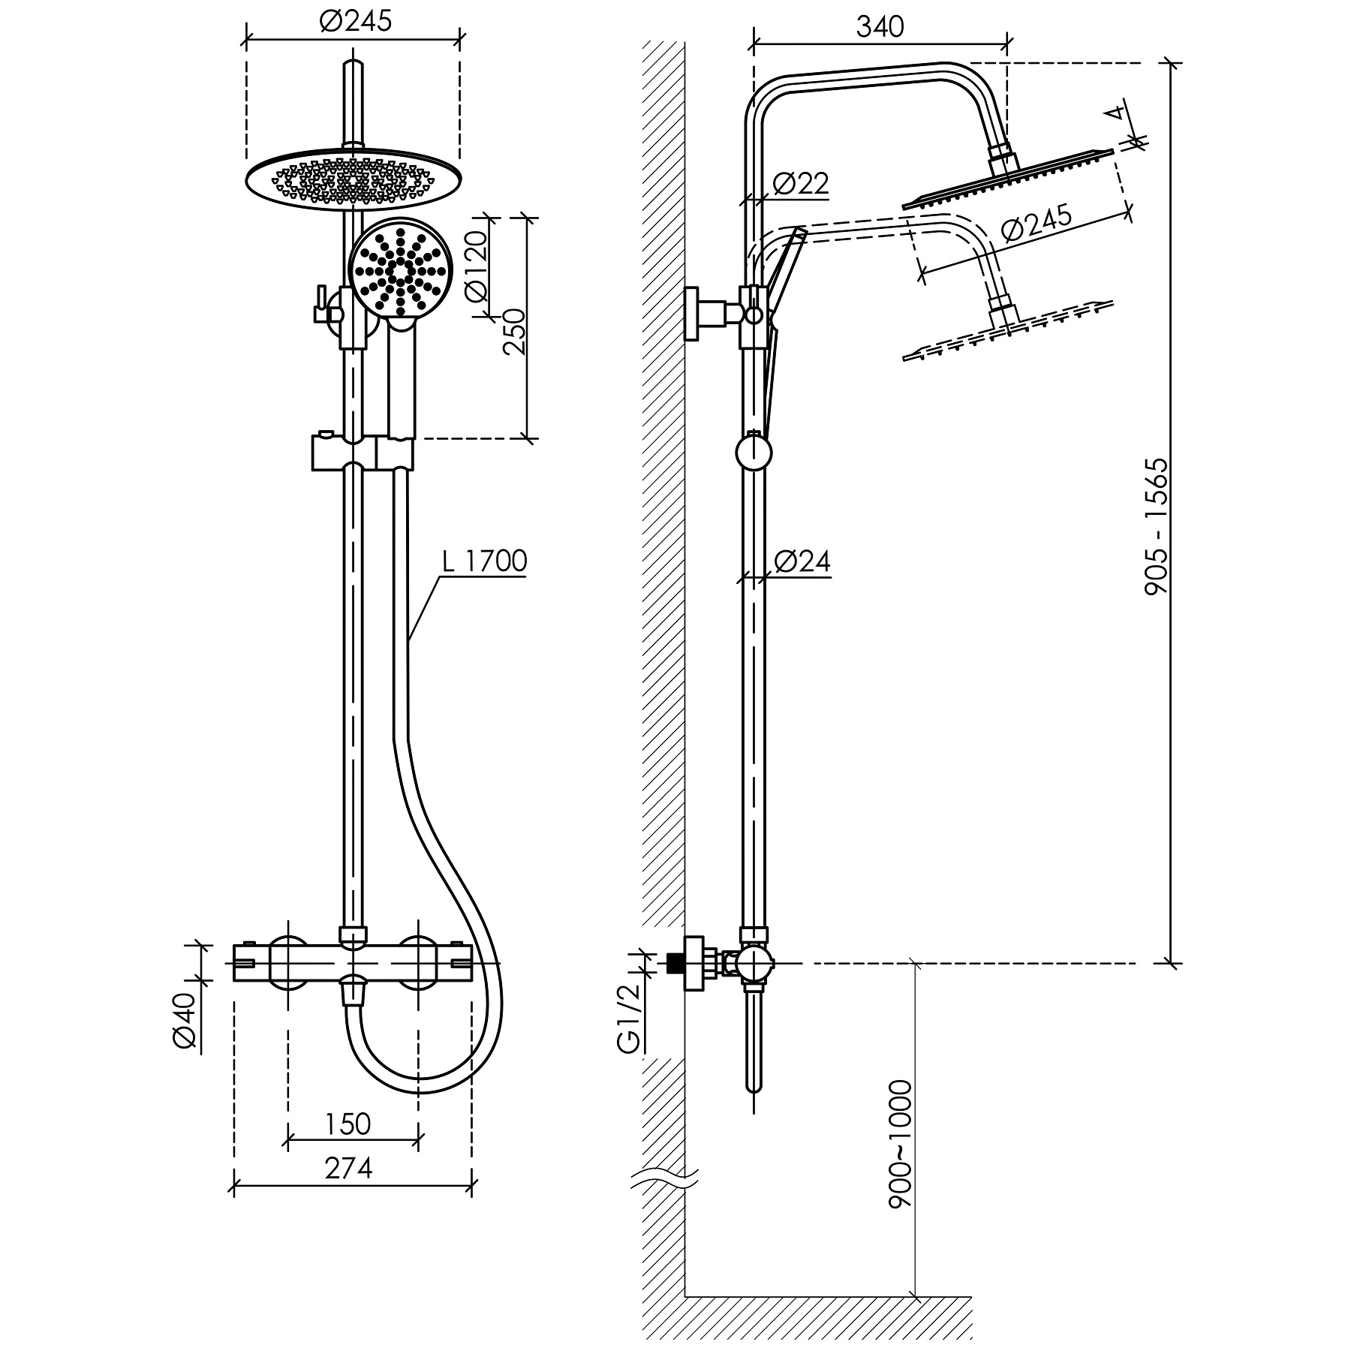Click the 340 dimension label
pyautogui.click(x=880, y=27)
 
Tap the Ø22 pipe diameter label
pyautogui.click(x=800, y=182)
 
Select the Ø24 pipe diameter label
pyautogui.click(x=802, y=561)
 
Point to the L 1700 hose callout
pyautogui.click(x=484, y=561)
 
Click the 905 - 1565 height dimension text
pyautogui.click(x=1157, y=527)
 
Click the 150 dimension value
pyautogui.click(x=348, y=1124)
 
